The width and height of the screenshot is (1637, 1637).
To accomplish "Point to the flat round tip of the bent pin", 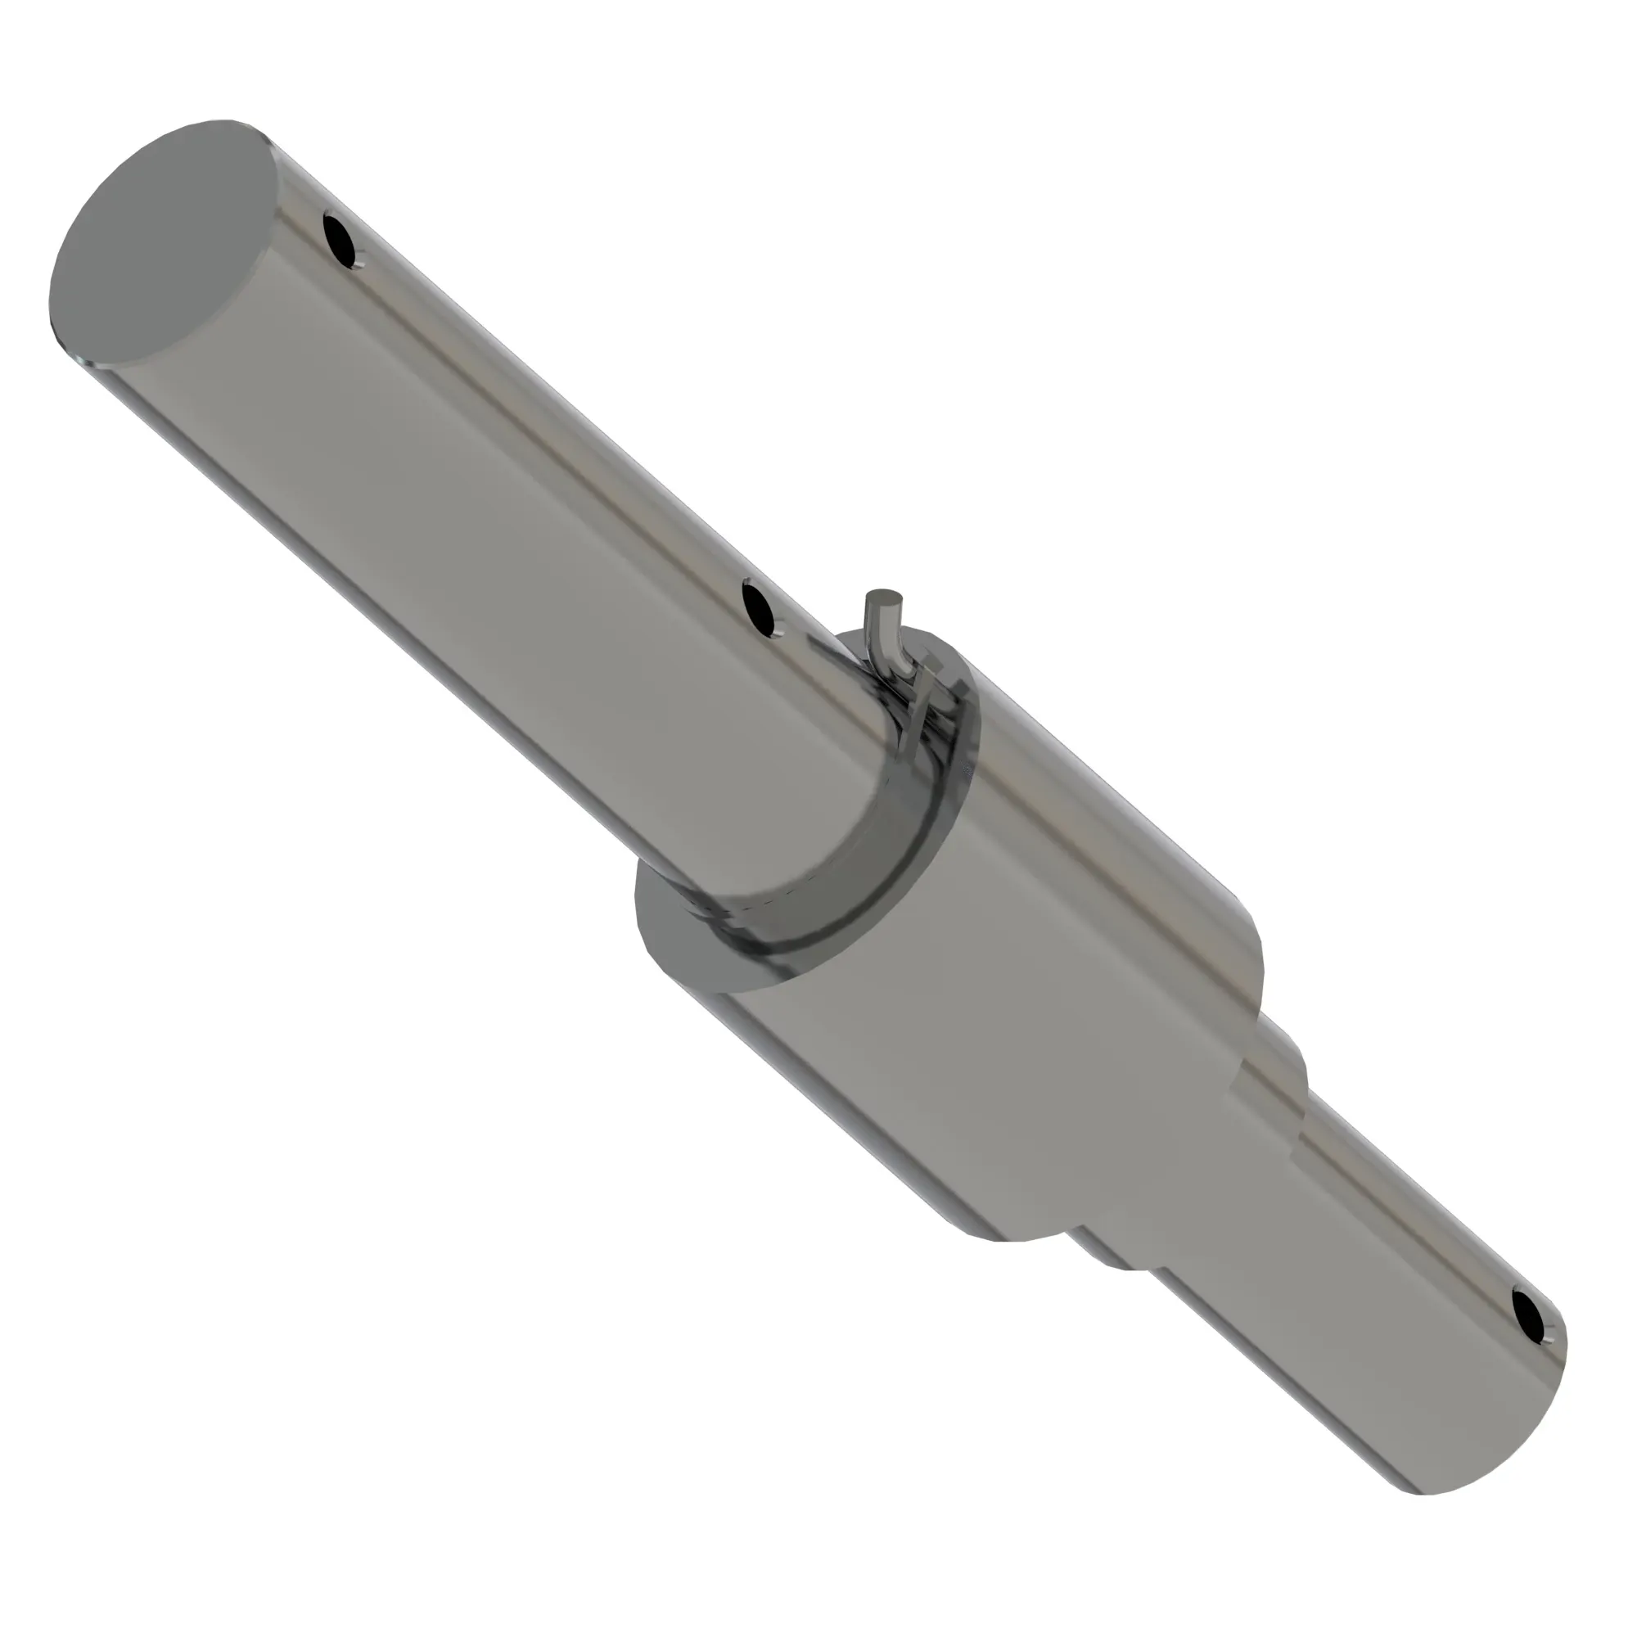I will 884,599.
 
